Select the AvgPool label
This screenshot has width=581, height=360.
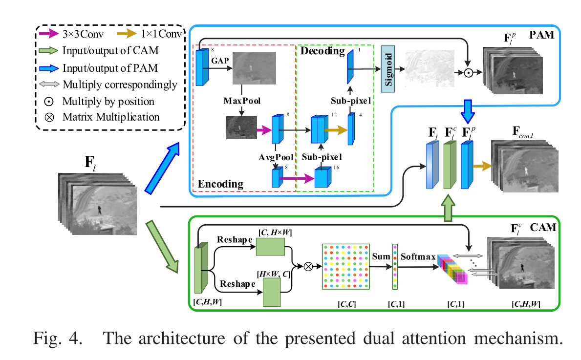click(x=276, y=157)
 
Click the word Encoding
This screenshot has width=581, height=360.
click(x=220, y=184)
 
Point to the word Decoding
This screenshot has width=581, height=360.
click(x=322, y=51)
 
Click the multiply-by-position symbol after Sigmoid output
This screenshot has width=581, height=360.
click(x=468, y=73)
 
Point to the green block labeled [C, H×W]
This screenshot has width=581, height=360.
click(x=270, y=249)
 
